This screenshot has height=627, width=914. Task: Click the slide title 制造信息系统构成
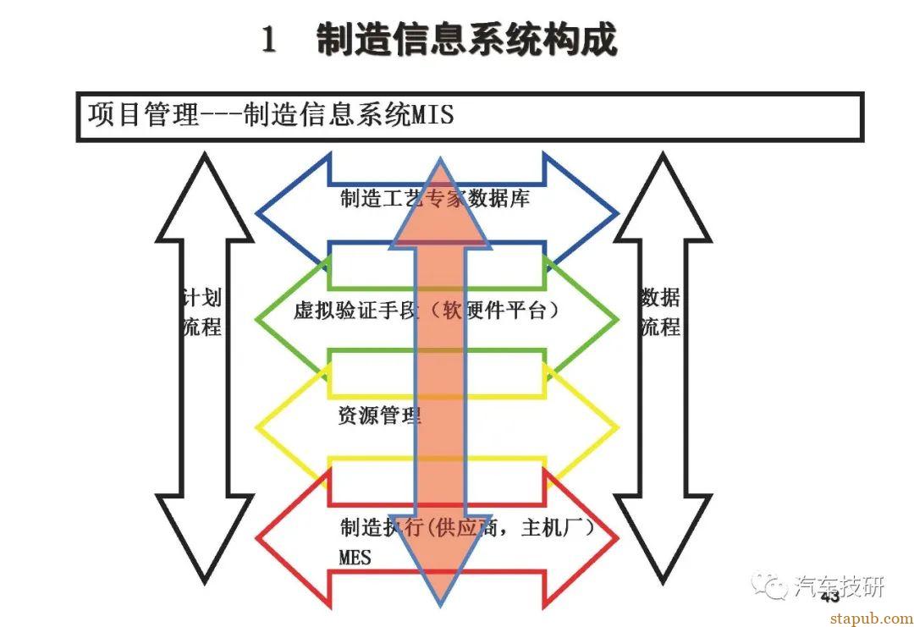pyautogui.click(x=466, y=40)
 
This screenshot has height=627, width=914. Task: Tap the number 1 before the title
pyautogui.click(x=269, y=41)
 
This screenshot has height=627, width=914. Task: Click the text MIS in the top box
pyautogui.click(x=432, y=114)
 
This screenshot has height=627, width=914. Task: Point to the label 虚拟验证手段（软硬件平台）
pyautogui.click(x=427, y=311)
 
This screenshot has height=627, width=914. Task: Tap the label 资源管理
pyautogui.click(x=379, y=415)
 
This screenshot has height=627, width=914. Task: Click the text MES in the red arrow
pyautogui.click(x=355, y=558)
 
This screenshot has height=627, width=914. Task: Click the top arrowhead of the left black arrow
pyautogui.click(x=205, y=195)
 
